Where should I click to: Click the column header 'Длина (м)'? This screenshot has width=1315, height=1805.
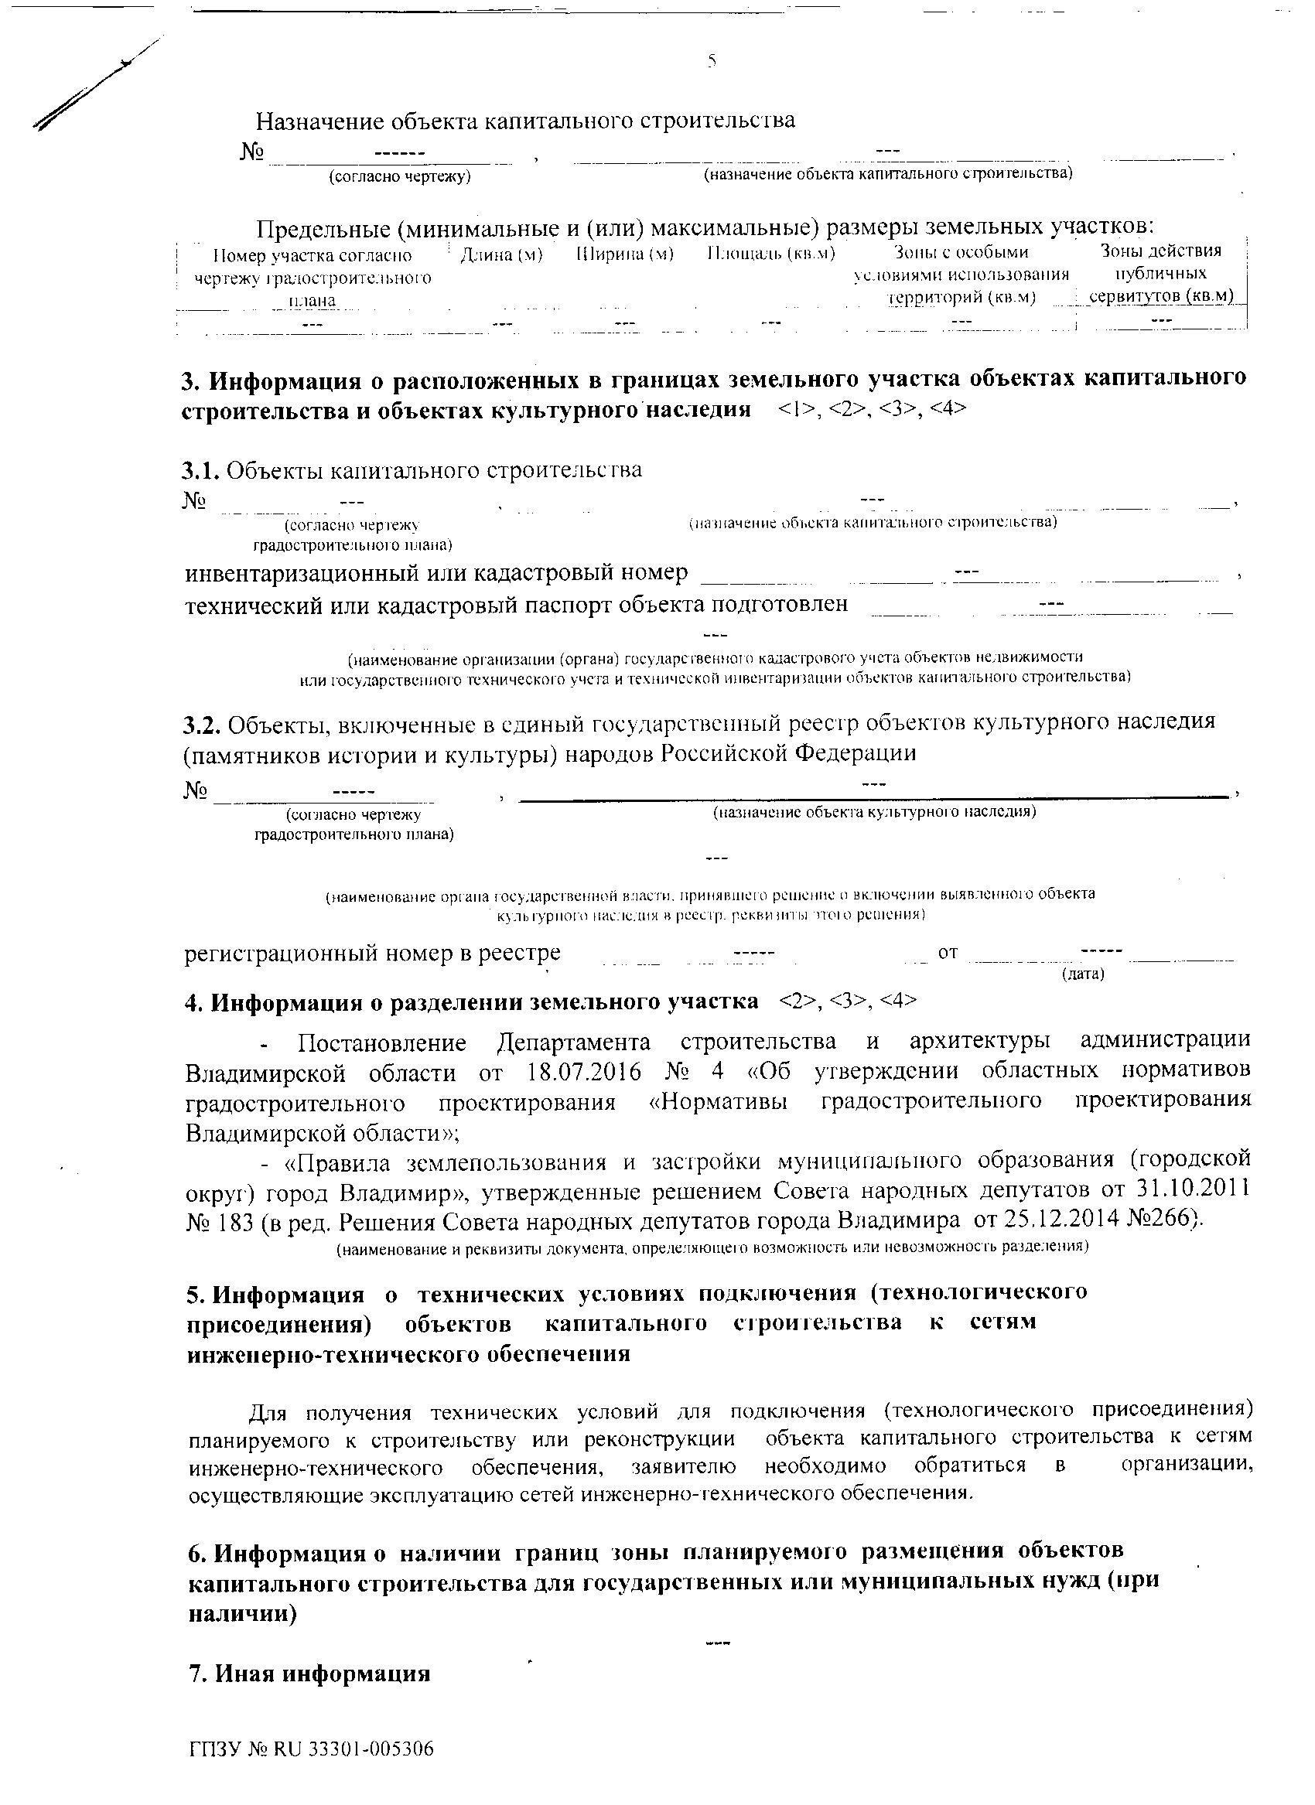501,255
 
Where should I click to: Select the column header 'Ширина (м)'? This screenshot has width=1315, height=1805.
625,254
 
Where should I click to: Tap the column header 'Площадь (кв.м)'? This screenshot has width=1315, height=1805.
770,254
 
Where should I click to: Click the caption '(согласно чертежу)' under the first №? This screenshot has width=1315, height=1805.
401,176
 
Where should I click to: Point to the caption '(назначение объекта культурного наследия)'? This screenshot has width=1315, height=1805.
875,813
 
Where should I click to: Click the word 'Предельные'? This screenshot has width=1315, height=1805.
323,228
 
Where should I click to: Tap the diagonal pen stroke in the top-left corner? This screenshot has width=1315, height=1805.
95,84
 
